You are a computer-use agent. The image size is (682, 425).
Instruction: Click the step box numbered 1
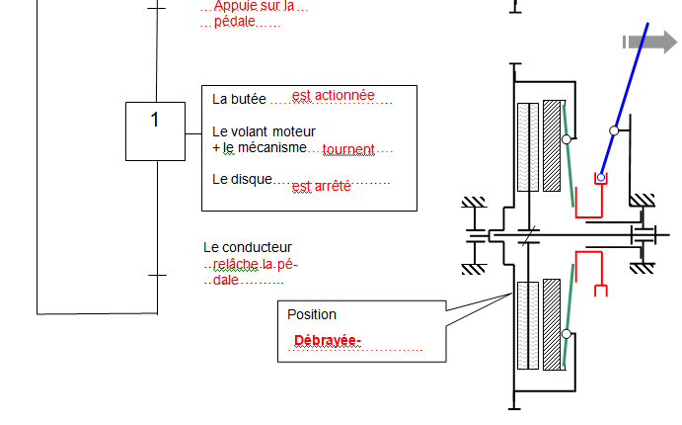[155, 130]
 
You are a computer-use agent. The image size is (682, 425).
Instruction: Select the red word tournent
[348, 149]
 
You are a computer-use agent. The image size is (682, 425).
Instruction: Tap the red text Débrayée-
[328, 341]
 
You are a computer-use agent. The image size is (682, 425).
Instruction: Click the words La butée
[240, 99]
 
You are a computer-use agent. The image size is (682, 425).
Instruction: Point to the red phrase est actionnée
[334, 95]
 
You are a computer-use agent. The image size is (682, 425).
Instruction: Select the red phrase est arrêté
[322, 186]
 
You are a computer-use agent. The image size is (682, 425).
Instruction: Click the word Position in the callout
[312, 314]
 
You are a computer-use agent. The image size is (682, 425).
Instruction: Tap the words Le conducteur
[248, 247]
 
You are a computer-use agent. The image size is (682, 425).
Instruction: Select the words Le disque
[242, 179]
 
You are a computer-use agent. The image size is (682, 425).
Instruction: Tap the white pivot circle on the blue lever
[614, 130]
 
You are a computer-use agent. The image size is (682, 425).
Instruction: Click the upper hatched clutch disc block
[552, 145]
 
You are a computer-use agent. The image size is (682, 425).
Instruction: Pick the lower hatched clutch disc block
[552, 326]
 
